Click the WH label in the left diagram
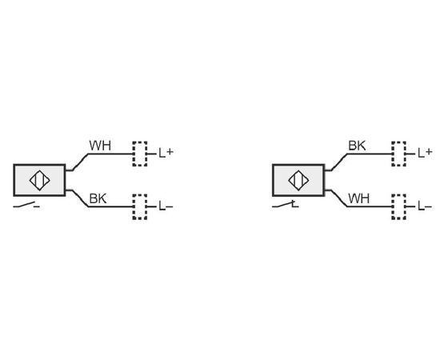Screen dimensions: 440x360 [100, 146]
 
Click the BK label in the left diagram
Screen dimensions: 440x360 [98, 198]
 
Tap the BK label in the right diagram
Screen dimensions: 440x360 [357, 146]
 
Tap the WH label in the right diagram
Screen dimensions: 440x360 [359, 198]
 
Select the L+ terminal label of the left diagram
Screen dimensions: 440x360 [166, 153]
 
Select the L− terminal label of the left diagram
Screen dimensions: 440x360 [166, 206]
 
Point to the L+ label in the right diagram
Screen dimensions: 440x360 [425, 153]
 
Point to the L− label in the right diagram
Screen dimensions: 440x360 [425, 206]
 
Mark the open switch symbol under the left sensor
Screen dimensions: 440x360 [26, 206]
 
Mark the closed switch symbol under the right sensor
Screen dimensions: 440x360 [285, 206]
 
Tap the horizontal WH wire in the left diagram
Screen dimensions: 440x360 [110, 154]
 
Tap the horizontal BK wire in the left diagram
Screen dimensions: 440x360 [110, 206]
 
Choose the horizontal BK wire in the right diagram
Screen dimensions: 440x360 [370, 154]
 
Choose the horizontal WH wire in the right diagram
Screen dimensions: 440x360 [370, 206]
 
